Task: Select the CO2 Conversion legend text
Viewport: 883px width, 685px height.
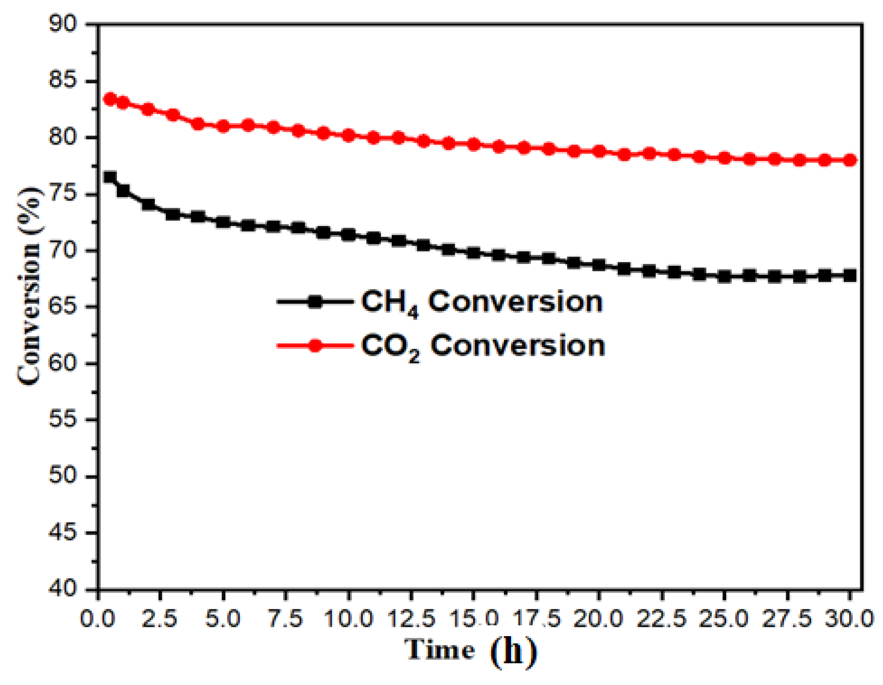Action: [x=483, y=346]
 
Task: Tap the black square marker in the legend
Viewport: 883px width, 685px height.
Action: [x=315, y=301]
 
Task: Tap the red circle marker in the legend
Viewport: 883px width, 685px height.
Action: [x=315, y=345]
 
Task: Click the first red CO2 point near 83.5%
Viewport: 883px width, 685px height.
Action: [x=110, y=99]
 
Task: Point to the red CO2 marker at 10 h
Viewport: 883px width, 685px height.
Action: [x=349, y=135]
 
